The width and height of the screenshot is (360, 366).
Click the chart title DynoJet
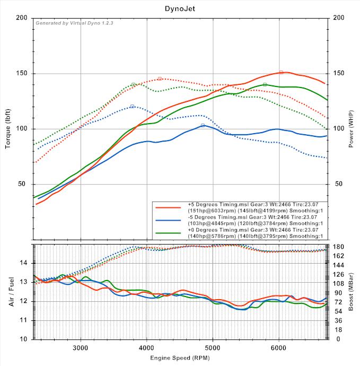180,8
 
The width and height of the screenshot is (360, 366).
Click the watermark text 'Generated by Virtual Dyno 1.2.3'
74,23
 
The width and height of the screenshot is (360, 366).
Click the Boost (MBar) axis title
352,292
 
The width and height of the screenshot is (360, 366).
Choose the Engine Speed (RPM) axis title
180,359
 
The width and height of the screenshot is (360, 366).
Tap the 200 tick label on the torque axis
22,18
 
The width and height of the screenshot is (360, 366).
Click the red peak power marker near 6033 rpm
281,72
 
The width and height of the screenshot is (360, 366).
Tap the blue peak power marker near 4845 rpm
203,125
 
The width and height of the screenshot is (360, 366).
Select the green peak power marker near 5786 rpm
265,84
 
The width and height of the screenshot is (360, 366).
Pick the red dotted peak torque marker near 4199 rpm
160,79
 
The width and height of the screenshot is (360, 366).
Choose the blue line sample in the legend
169,220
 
